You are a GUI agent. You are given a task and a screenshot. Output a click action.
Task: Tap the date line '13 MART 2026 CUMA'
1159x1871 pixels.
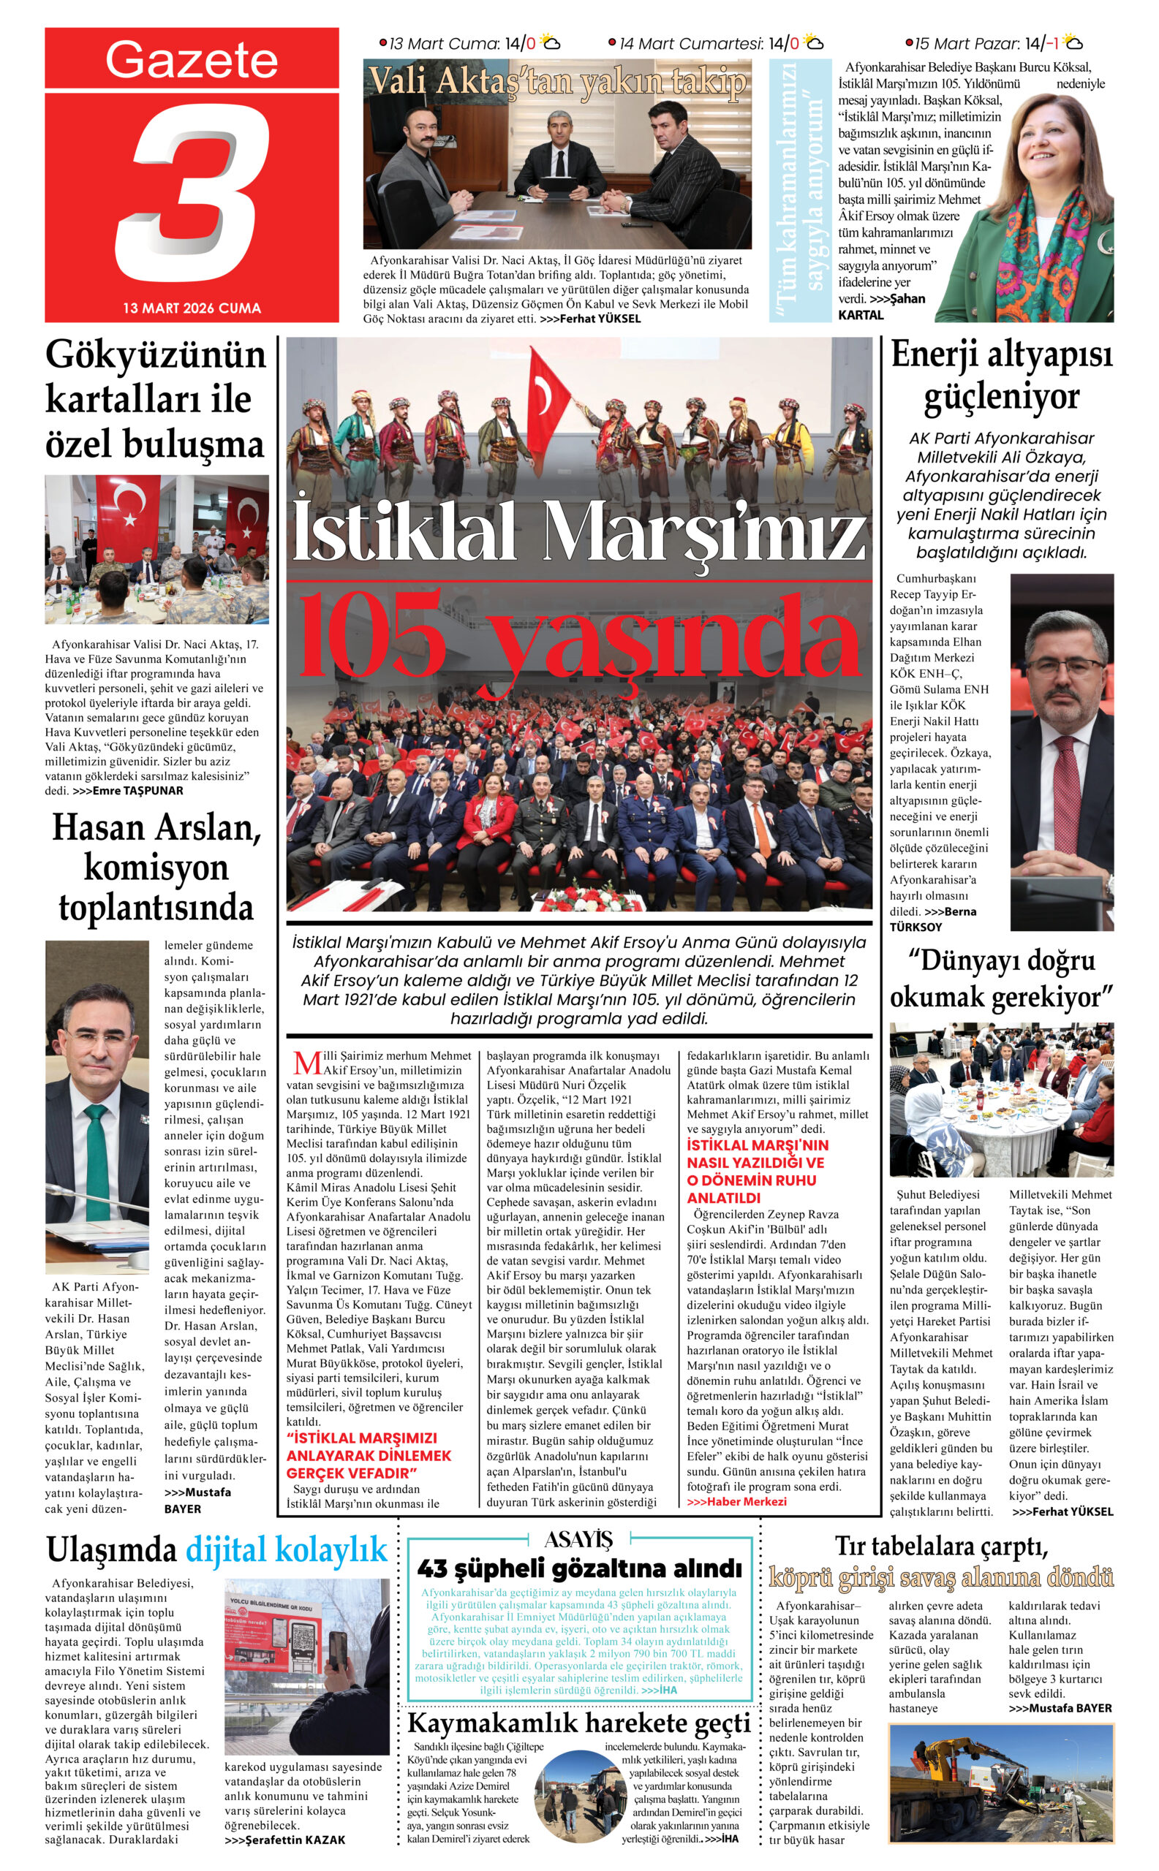(192, 308)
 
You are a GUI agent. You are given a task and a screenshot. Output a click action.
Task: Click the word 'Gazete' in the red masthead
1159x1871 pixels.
(192, 60)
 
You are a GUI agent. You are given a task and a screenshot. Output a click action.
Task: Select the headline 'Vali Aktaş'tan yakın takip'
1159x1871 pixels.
(557, 81)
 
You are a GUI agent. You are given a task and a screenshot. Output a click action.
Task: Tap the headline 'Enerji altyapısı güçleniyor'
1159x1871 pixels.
(1001, 376)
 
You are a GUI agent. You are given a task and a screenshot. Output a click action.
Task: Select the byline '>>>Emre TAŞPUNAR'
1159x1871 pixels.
(127, 791)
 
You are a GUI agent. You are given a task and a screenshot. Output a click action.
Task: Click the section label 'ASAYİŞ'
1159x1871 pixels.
(578, 1539)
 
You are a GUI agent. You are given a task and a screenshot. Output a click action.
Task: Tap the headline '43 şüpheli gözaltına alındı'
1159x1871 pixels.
(579, 1568)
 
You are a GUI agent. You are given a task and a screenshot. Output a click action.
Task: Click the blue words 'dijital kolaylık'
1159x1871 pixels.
(286, 1549)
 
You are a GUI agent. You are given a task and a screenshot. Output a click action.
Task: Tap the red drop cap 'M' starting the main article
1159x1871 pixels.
(306, 1063)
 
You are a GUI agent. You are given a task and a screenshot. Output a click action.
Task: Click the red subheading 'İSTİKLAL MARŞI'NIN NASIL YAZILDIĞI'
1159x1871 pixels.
(758, 1154)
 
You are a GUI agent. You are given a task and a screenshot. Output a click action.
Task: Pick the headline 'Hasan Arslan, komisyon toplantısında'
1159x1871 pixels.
(156, 868)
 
